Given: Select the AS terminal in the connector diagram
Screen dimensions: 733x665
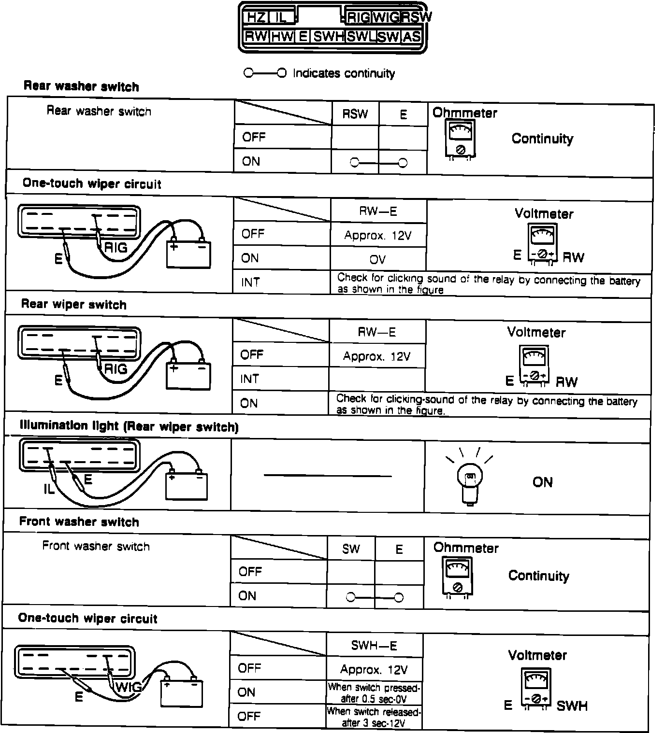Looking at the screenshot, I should [x=411, y=37].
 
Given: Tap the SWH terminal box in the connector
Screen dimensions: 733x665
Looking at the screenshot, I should [x=328, y=37].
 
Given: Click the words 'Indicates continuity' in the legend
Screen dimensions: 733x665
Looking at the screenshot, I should [x=344, y=73].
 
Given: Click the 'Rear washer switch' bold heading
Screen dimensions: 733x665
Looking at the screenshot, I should [x=81, y=87].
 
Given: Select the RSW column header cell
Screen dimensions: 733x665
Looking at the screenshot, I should [x=355, y=114].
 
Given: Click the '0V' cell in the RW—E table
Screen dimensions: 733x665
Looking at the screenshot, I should [x=377, y=259].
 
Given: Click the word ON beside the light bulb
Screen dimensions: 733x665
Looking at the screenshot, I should [x=542, y=482].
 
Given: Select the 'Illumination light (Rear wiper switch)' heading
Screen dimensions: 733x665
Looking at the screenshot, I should [x=129, y=426].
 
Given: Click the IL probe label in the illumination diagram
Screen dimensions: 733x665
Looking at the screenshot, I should [x=49, y=489].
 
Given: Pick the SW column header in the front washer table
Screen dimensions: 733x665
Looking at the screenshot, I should [x=351, y=549].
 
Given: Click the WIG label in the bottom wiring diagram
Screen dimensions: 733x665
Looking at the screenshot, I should [x=129, y=687].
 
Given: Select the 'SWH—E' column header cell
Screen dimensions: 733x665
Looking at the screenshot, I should [x=374, y=646].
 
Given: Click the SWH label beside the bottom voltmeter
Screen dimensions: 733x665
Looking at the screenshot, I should [x=572, y=706].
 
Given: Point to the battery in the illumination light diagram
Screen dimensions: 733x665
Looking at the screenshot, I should [x=186, y=485].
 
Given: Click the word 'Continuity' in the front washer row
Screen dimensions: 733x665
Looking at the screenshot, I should [x=538, y=576].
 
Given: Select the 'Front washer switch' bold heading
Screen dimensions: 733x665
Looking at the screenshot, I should [x=79, y=522].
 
